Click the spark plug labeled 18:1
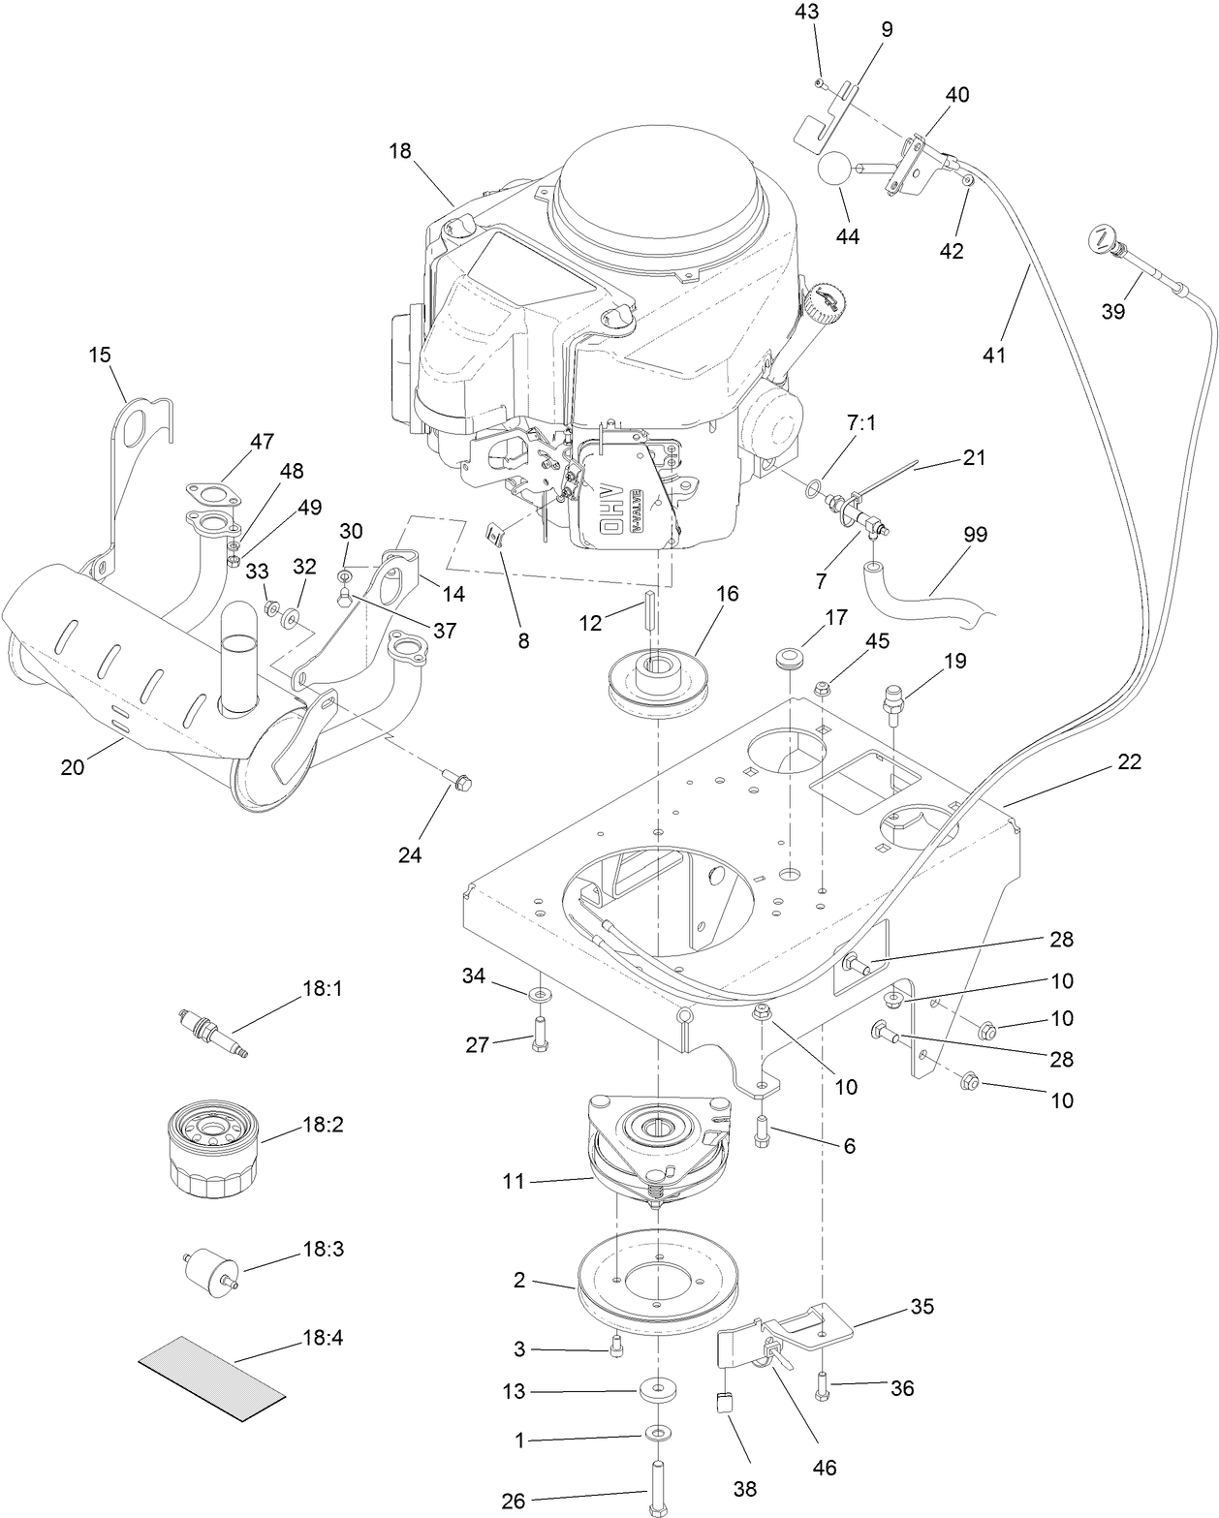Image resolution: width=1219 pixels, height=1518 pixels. click(209, 1032)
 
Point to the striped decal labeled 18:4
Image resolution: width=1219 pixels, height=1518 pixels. click(212, 1378)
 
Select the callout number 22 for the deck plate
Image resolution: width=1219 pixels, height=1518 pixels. click(1129, 762)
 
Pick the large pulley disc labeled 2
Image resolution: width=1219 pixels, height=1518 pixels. click(656, 1281)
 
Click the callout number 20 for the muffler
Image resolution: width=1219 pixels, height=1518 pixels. click(73, 767)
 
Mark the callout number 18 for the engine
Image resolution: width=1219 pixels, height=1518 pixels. click(400, 151)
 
